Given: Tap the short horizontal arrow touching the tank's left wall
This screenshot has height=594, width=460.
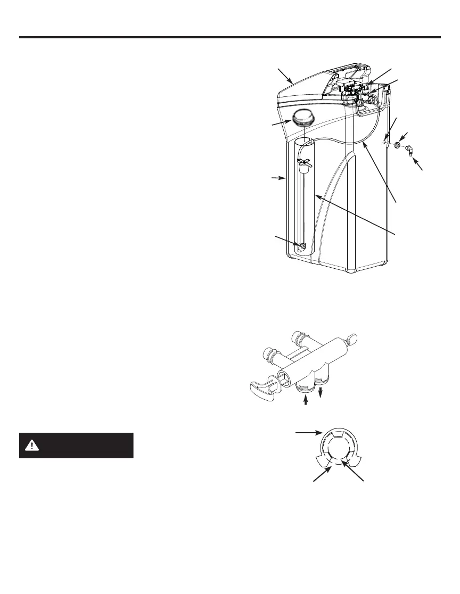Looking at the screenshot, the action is [278, 179].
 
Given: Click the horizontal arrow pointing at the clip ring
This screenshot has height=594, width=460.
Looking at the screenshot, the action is [308, 434].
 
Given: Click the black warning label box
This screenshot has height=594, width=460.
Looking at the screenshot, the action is [76, 445].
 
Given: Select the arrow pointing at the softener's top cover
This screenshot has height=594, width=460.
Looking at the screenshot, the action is [286, 76].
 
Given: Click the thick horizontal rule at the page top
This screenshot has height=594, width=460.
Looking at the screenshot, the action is [230, 37].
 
